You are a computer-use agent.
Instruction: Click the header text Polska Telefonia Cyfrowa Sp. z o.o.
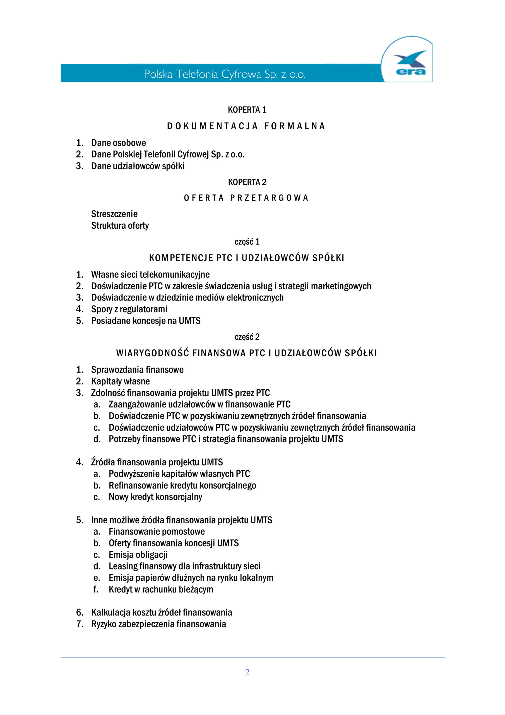click(225, 74)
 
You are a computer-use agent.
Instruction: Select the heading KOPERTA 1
click(247, 110)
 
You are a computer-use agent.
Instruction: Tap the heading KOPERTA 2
click(247, 182)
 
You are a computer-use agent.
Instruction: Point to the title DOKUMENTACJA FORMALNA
click(246, 126)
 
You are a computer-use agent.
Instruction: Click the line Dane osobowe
click(118, 143)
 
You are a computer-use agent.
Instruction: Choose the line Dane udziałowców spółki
click(138, 166)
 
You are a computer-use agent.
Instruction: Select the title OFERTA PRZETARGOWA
click(246, 198)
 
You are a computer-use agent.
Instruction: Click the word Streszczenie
click(114, 214)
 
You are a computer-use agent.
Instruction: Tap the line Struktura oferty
click(120, 225)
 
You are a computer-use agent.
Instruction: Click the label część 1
click(247, 242)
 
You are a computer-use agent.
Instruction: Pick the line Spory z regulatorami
click(129, 309)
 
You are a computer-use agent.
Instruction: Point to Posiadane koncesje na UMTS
click(146, 321)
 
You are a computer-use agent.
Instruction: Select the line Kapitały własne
click(121, 382)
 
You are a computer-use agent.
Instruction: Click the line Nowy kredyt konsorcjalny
click(155, 497)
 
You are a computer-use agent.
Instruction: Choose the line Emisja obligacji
click(138, 555)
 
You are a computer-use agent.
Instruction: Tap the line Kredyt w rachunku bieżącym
click(161, 590)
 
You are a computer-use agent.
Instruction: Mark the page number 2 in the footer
click(247, 672)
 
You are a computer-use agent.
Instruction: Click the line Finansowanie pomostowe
click(157, 532)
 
